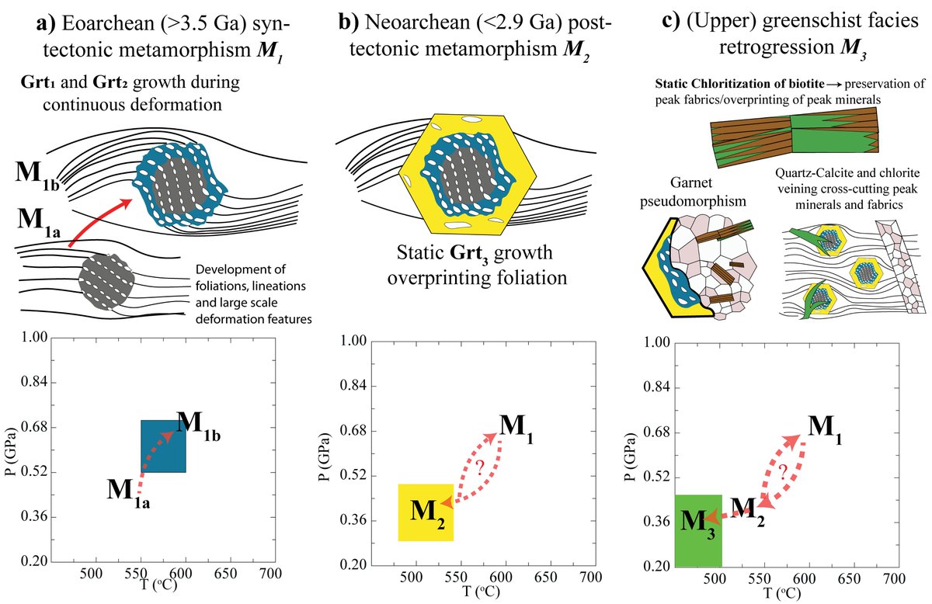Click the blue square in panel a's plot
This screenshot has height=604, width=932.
[163, 446]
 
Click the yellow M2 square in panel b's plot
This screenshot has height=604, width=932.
[420, 512]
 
